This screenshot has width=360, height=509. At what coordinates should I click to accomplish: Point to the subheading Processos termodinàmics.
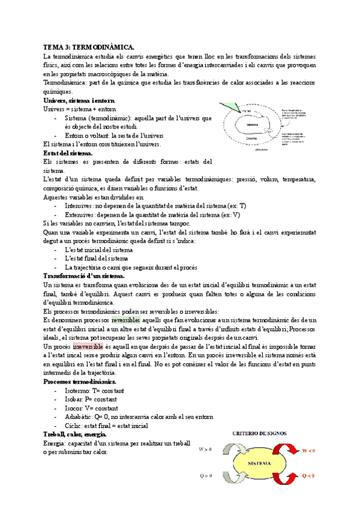point(80,382)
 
